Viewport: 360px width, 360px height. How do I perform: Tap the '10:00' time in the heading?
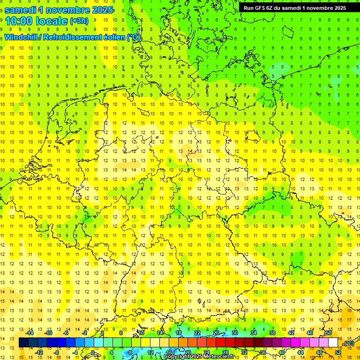(x=18, y=21)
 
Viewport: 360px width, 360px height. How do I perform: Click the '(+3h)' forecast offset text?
(x=79, y=21)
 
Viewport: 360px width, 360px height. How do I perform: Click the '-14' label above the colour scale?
(x=30, y=333)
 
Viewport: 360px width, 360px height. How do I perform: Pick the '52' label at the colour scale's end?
(x=338, y=352)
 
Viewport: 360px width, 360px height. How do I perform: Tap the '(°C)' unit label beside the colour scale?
(x=348, y=343)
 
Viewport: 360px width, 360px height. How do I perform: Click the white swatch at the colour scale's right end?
(x=333, y=343)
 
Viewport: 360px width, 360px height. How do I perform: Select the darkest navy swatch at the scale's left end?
(x=23, y=343)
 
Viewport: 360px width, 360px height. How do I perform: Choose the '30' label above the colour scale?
(x=234, y=333)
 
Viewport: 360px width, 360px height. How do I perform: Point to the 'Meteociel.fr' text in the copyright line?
(x=217, y=357)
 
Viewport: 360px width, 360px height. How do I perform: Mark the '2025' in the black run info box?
(x=337, y=8)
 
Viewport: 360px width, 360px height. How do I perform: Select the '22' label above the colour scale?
(x=197, y=333)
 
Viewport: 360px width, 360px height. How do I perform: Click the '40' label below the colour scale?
(x=281, y=352)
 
